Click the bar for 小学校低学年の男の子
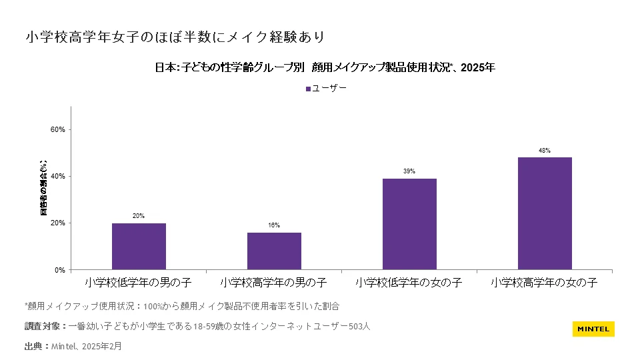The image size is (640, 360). pos(139,246)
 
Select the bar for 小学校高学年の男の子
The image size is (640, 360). pos(274,251)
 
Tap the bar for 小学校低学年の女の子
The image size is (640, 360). pos(409,224)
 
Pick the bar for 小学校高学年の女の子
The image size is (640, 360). pos(545,213)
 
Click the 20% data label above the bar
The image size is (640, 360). pos(139,216)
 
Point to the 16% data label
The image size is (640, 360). pos(274,225)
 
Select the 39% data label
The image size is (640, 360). pos(409,171)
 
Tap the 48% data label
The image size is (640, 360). pos(545,151)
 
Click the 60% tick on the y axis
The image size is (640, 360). pos(58,130)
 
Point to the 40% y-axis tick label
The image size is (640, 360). pos(58,177)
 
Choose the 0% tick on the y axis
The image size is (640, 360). pos(60,270)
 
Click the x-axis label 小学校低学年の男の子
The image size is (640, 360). pos(139,283)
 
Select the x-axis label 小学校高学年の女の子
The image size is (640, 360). pos(545,283)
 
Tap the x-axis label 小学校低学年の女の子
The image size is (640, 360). pos(409,283)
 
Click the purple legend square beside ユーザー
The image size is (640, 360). pos(308,88)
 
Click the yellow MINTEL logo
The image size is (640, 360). pos(593,329)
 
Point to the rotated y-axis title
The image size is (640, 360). pos(44,188)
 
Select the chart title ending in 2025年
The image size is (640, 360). pos(325,67)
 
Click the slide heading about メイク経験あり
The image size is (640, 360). pos(176,36)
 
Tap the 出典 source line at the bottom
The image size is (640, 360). pos(73,347)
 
